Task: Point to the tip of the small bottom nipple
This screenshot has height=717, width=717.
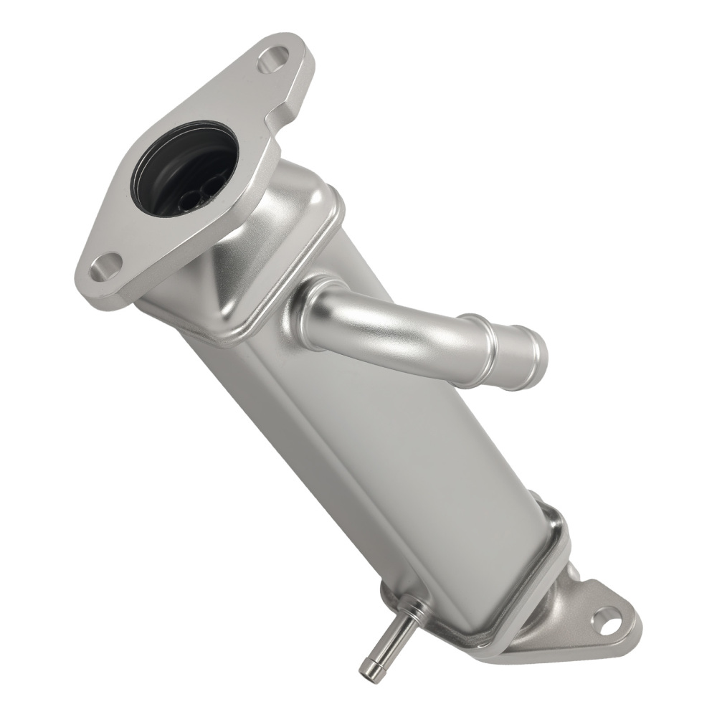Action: [x=367, y=670]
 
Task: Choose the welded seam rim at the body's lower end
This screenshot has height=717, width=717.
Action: [x=502, y=617]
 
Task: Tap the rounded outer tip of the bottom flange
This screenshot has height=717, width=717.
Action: [x=635, y=631]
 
